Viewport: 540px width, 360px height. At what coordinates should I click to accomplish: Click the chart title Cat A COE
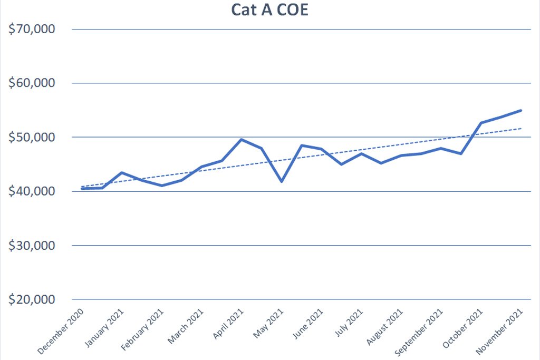point(269,10)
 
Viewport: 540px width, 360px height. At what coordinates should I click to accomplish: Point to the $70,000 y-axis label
point(33,29)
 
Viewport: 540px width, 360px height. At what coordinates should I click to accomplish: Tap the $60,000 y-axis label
point(33,83)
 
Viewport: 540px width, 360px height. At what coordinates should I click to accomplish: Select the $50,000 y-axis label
point(33,138)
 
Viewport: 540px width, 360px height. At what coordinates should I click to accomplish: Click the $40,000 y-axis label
point(33,191)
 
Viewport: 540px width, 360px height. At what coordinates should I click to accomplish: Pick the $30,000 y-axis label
point(33,246)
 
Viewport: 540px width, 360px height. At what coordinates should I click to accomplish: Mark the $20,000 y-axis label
point(33,299)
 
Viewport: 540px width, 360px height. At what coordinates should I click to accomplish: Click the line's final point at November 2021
point(521,110)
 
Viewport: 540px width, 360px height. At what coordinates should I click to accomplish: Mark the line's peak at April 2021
point(241,140)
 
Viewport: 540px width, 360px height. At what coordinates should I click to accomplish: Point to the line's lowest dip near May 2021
point(282,181)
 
